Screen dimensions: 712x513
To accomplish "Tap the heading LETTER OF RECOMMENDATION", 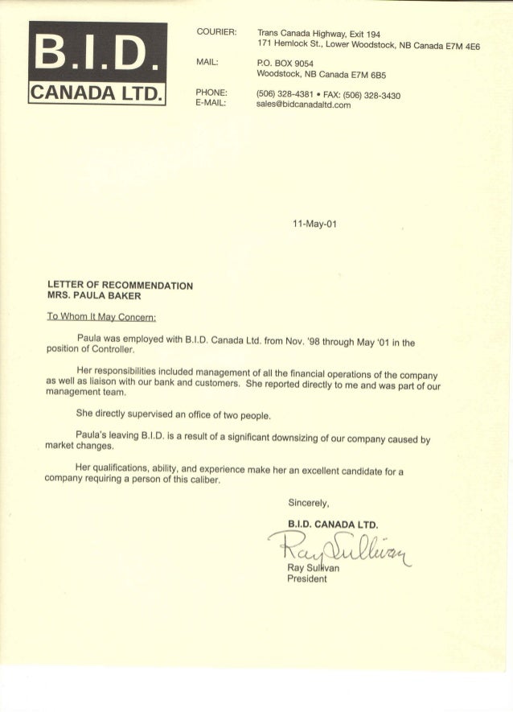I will pos(121,285).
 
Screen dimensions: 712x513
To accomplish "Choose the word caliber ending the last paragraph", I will pos(197,480).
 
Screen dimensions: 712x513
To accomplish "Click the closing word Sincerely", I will pos(310,504).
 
